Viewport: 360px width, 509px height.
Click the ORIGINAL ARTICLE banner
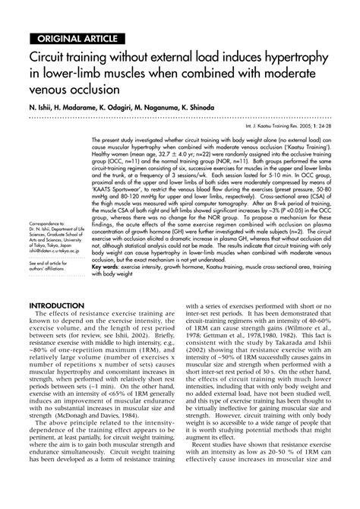[x=72, y=39]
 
